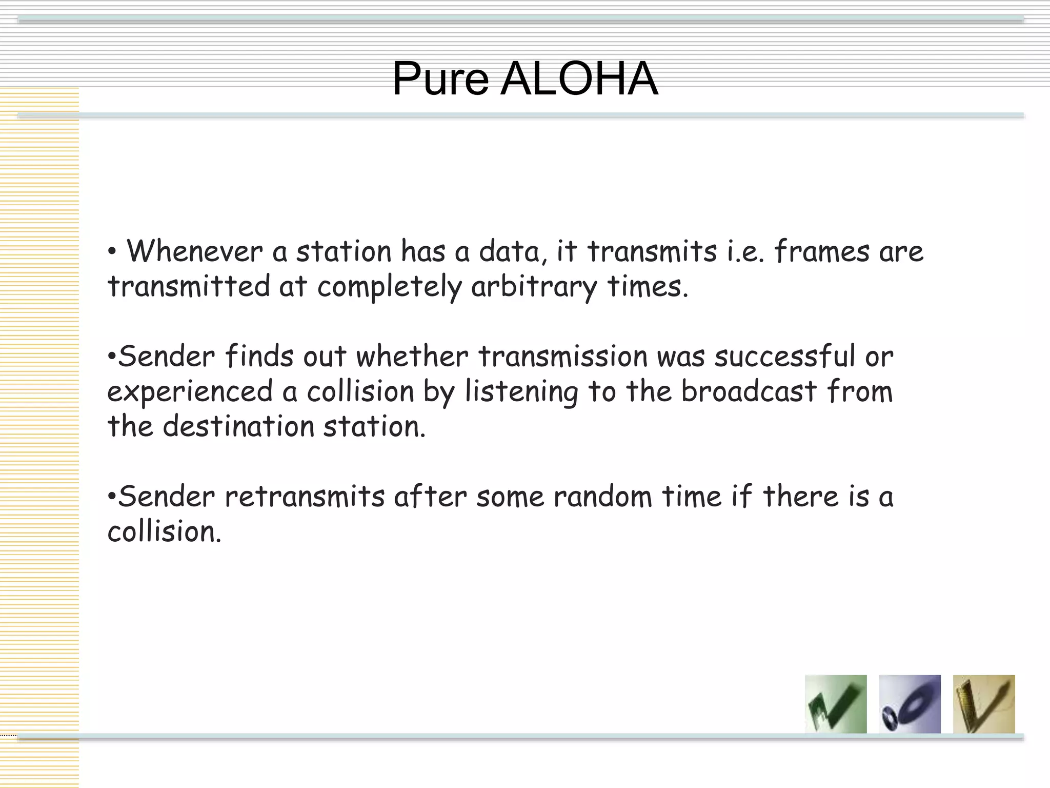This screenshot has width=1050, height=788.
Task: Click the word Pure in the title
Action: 440,80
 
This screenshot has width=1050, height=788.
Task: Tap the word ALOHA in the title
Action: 579,80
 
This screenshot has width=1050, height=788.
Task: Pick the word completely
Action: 389,287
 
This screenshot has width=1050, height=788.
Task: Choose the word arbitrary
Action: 534,287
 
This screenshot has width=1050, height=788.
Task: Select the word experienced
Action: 190,392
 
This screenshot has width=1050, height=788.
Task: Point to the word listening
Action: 521,392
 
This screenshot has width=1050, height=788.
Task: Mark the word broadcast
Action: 749,391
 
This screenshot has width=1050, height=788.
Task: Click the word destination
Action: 238,426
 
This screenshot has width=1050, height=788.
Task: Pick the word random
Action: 603,497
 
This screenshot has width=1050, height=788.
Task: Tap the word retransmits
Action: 305,497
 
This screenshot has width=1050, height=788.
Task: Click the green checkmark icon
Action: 836,704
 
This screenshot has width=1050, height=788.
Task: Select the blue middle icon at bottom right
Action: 910,704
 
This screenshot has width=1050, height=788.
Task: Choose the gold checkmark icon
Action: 983,704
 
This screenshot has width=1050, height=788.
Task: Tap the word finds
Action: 259,357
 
